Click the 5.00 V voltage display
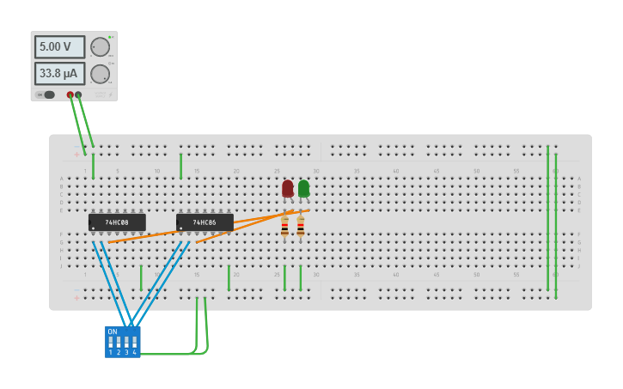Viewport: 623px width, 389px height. coord(59,46)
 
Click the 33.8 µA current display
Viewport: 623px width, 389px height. coord(59,74)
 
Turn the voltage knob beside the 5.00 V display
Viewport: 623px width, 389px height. coord(101,47)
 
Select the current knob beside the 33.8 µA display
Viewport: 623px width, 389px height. coord(101,74)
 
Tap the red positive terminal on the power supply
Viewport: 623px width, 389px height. coord(70,94)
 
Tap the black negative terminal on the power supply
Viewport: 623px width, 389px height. coord(79,94)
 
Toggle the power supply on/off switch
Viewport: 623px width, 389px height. coord(47,94)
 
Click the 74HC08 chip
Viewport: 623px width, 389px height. coord(117,222)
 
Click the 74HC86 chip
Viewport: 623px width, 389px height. coord(205,222)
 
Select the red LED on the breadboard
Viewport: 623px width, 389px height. coord(287,188)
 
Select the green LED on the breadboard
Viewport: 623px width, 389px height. coord(303,188)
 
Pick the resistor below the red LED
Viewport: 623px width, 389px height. coord(284,227)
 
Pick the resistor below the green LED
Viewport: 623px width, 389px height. coord(300,227)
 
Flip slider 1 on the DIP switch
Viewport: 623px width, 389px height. coord(111,342)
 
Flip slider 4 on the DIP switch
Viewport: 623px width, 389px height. coord(134,342)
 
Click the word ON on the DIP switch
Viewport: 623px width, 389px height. coord(113,331)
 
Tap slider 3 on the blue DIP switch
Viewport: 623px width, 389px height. coord(126,342)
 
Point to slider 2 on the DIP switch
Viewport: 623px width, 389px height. coord(119,342)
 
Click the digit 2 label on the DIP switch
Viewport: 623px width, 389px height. coord(119,352)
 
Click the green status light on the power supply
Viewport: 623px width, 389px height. coord(110,37)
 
